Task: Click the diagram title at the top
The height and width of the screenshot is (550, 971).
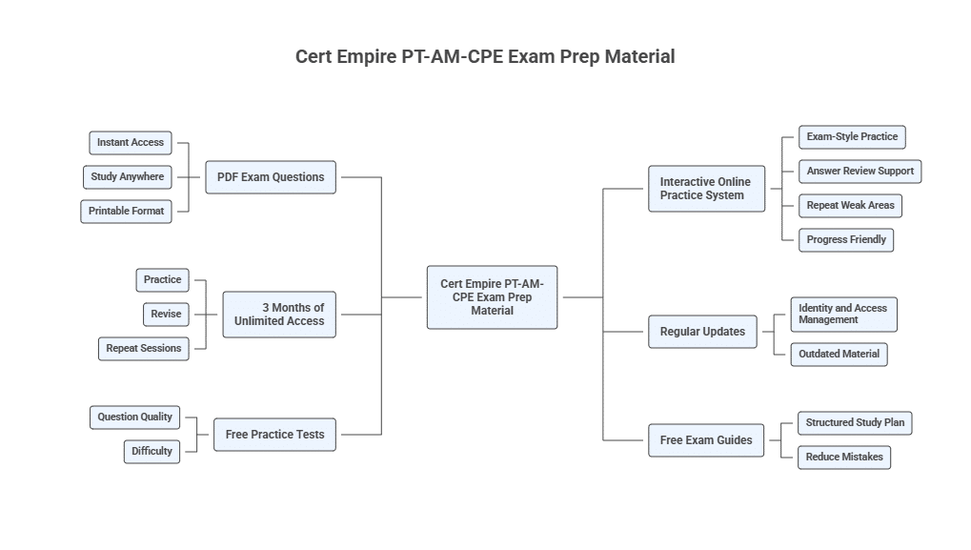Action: coord(485,56)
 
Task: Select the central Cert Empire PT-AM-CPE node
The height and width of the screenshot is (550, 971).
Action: coord(492,297)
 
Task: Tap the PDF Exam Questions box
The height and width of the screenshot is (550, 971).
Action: coord(271,177)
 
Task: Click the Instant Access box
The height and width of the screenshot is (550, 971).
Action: coord(131,143)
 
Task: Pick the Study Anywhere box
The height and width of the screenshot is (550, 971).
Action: coord(128,177)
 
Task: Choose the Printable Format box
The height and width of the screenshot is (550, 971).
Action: coord(127,212)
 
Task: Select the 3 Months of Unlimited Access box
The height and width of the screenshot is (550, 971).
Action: coord(279,315)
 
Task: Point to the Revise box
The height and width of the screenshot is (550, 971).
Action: coord(166,315)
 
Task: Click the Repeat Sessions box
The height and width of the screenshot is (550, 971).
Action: coord(144,349)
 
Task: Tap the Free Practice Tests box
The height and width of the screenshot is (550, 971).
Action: coord(274,435)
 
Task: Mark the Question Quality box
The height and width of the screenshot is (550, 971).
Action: coord(135,418)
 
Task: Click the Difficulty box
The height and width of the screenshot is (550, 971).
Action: coord(152,452)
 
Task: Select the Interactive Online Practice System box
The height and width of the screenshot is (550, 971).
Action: coord(706,189)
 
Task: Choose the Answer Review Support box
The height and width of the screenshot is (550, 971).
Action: coord(860,172)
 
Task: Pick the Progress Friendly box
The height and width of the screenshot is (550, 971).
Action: coord(846,240)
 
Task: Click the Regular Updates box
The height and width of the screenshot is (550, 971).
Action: coord(702,332)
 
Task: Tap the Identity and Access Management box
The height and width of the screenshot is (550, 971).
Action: coord(843,315)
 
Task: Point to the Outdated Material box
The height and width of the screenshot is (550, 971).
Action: coord(840,355)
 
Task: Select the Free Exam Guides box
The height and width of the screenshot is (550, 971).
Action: coord(706,440)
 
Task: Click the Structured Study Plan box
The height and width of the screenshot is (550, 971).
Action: coord(855,423)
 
